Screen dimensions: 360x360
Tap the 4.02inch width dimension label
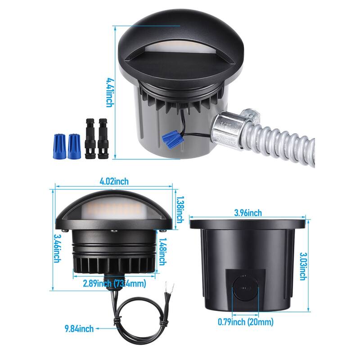[x=114, y=181]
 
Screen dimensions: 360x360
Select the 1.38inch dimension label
[x=180, y=210]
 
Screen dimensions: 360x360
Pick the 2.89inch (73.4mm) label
[x=114, y=283]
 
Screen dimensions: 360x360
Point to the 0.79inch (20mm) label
[x=245, y=322]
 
